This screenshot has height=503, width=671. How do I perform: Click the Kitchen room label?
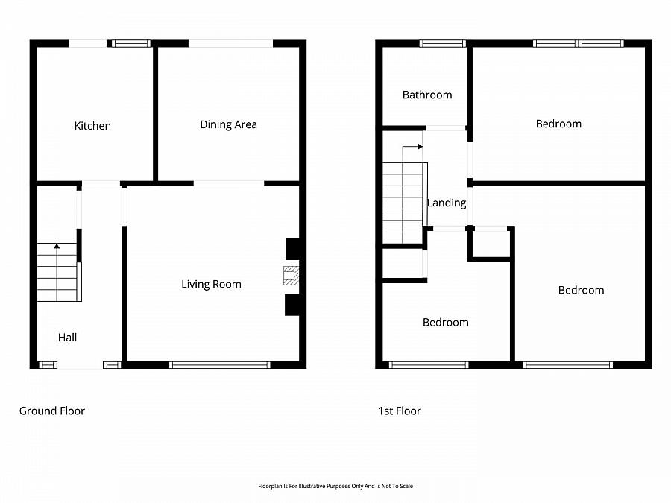92,126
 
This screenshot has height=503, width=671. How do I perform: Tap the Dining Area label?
229,124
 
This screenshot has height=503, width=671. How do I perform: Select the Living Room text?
212,285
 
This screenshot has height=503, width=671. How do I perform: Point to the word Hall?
68,338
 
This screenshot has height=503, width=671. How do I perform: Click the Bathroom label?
427,95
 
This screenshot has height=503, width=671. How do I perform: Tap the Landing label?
447,203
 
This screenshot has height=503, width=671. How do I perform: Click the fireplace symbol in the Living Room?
291,276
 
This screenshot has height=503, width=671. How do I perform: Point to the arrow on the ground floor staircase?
57,272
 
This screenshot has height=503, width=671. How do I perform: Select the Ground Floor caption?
52,411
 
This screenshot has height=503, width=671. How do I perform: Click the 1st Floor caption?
400,411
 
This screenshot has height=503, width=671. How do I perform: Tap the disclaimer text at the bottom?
335,486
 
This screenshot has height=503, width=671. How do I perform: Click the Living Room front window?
219,365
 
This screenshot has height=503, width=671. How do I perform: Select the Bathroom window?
442,43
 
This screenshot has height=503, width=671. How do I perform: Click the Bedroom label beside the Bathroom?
558,124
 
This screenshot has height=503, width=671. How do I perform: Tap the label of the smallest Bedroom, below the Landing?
446,323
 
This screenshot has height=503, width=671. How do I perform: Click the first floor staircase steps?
403,203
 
